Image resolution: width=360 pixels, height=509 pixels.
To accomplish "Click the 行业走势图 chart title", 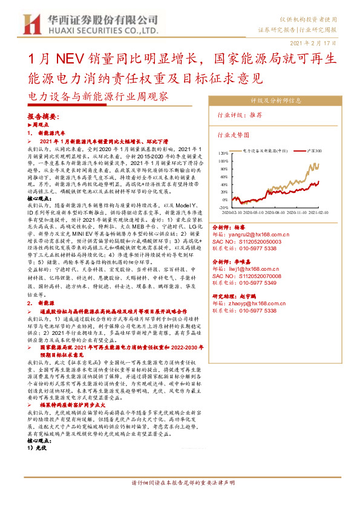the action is (234, 135).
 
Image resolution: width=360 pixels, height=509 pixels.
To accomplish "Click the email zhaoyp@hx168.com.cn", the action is (259, 303).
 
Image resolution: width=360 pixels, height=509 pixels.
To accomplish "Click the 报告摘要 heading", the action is (42, 116).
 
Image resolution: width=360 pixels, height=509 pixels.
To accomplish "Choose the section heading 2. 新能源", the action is (45, 302).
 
